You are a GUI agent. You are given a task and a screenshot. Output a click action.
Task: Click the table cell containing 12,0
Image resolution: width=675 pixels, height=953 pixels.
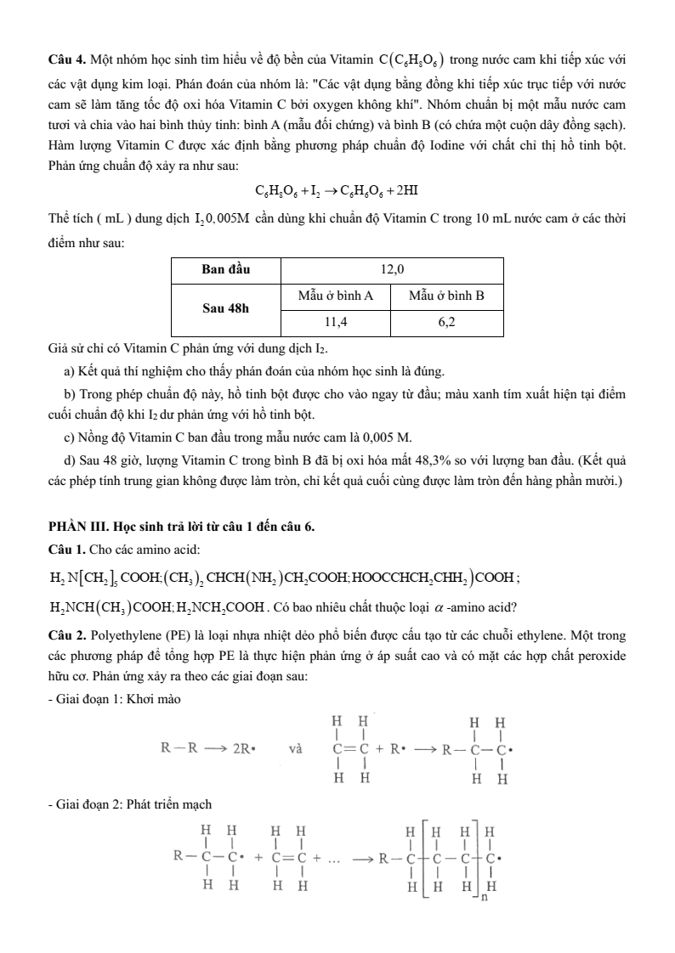(392, 269)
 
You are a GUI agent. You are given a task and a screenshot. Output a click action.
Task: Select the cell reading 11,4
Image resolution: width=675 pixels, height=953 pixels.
(335, 323)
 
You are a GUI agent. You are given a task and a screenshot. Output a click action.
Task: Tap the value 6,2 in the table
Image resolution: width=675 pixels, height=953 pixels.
(447, 323)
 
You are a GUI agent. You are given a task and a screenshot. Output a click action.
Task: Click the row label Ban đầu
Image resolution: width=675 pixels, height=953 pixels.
(225, 269)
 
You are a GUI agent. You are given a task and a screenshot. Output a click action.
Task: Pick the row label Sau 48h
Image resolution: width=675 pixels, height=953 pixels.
(225, 309)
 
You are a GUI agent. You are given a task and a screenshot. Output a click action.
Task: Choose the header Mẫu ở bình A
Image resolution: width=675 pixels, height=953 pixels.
(335, 296)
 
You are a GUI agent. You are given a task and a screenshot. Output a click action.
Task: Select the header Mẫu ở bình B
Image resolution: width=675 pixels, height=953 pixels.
(447, 296)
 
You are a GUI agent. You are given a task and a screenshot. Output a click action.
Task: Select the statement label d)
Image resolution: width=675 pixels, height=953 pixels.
(70, 460)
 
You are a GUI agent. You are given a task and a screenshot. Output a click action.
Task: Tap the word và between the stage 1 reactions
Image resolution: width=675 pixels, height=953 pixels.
(296, 749)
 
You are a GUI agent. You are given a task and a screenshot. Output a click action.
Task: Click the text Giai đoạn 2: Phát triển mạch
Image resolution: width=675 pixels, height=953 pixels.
(130, 804)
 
